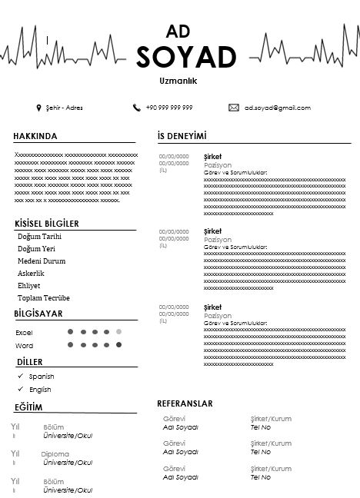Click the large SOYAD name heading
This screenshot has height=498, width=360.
coord(186,57)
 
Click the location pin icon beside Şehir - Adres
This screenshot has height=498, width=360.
coord(38,108)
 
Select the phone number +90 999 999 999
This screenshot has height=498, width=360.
coord(168,108)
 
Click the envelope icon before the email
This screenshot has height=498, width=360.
coord(234,108)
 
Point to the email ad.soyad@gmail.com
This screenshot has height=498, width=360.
coord(278,108)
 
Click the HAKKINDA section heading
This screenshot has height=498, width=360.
coord(35,136)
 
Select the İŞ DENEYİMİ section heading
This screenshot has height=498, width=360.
coord(182,136)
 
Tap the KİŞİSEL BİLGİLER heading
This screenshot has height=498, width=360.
coord(46,224)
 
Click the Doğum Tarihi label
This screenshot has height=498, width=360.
coord(39,237)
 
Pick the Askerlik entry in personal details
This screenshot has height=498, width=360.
coord(31,274)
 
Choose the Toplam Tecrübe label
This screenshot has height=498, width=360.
coord(44,298)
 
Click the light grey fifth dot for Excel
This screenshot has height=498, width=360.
coord(118,332)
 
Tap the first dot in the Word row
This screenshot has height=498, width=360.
coord(71,345)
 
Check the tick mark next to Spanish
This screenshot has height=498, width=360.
coord(20,377)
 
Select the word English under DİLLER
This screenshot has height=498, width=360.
coord(40,390)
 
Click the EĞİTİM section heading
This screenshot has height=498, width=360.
coord(28,407)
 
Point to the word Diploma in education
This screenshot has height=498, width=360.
coord(55,454)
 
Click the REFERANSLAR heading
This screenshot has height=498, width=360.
coord(185,403)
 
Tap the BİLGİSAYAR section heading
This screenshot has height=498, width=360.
coord(38,314)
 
